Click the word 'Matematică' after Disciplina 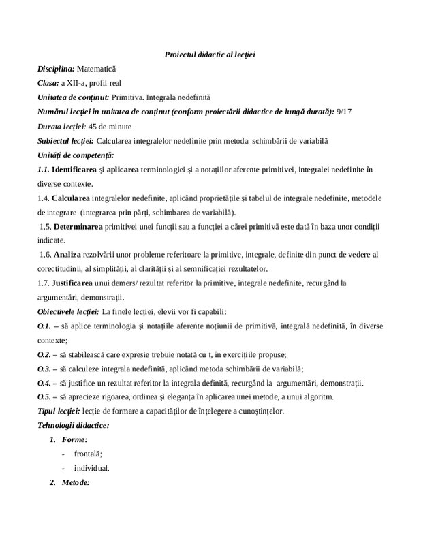[x=97, y=69]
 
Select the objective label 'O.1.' [x=44, y=326]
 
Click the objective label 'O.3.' [x=44, y=369]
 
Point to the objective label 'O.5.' [x=44, y=397]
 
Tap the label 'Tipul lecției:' [x=59, y=411]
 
